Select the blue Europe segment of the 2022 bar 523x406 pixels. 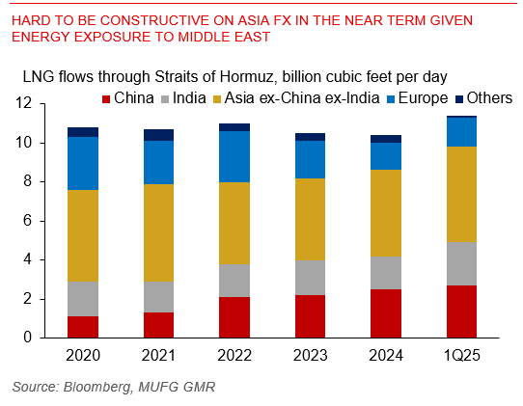pyautogui.click(x=234, y=156)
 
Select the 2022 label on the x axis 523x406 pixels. pyautogui.click(x=234, y=355)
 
